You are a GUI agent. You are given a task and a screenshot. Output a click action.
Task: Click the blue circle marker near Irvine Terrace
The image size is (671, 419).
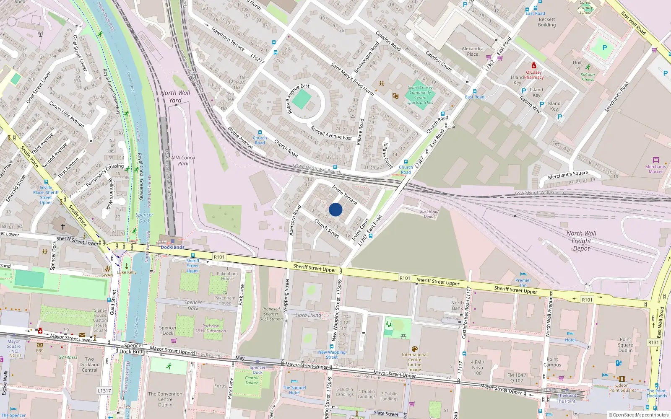[x=335, y=209]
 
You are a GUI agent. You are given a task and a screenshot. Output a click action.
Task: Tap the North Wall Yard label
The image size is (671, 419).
[x=175, y=96]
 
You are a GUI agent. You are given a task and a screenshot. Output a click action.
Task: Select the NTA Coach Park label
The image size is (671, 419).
[x=183, y=160]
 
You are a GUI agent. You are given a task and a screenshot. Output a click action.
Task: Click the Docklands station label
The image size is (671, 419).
[x=172, y=247]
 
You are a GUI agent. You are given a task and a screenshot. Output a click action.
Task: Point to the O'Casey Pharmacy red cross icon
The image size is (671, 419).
[x=533, y=66]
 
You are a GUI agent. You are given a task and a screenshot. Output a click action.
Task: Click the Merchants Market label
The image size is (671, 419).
[x=655, y=169]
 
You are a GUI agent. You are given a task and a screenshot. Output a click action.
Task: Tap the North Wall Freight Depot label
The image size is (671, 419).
[x=581, y=241]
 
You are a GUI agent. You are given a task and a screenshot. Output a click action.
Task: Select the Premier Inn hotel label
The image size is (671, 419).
[x=523, y=283]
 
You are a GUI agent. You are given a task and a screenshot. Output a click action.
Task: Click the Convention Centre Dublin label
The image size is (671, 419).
[x=165, y=399]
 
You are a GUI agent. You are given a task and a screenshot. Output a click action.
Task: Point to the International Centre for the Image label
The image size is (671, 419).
[x=414, y=362]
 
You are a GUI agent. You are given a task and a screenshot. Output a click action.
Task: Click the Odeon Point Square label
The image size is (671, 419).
[x=622, y=388]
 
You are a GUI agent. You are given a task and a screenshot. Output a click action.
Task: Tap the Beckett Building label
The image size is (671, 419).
[x=547, y=22]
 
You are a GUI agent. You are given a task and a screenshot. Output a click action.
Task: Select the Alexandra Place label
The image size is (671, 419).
[x=473, y=51]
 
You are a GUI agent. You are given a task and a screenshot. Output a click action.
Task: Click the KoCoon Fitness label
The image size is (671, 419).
[x=588, y=77]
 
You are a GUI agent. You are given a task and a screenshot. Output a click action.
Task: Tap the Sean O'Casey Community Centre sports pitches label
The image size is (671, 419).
[x=420, y=95]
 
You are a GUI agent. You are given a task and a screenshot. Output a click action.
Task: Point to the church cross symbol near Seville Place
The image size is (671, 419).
[x=62, y=227]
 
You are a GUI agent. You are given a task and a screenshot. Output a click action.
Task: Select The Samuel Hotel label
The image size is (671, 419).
[x=294, y=390]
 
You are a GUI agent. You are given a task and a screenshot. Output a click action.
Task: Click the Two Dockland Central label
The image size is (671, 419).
[x=89, y=365]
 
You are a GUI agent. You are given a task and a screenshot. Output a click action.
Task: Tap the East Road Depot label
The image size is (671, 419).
[x=429, y=214]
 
